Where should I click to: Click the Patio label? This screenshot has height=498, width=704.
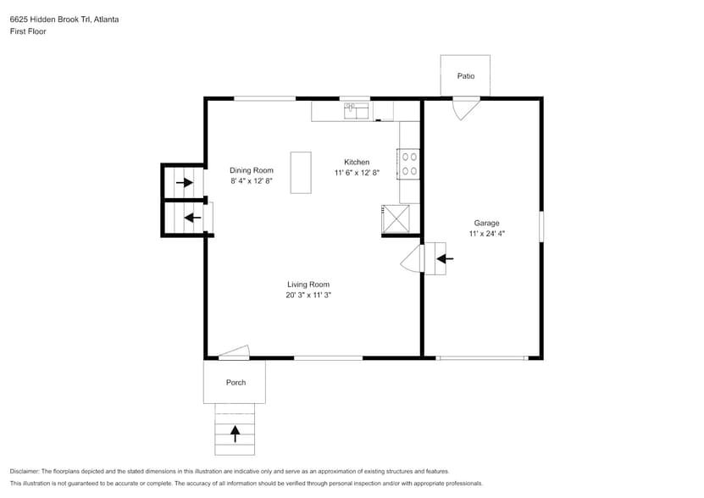tap(466, 76)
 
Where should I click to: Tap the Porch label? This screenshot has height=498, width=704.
tap(236, 383)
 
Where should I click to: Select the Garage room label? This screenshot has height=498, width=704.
tap(486, 224)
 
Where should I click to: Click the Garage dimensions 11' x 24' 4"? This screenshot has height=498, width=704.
tap(486, 234)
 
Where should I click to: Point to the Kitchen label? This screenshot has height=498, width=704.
tap(356, 162)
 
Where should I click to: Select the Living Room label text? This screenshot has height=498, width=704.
tap(308, 285)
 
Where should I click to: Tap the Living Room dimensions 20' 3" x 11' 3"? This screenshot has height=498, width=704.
tap(308, 295)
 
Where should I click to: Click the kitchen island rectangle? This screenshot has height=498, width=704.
tap(301, 173)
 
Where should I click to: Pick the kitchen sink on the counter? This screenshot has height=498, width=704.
tap(356, 110)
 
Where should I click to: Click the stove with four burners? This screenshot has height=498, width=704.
tap(409, 163)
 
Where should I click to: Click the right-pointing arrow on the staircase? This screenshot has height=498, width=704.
tap(184, 182)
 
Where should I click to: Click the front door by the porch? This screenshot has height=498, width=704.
tap(235, 352)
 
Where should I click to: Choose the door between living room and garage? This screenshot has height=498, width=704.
tap(413, 259)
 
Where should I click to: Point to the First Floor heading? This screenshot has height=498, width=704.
tap(28, 31)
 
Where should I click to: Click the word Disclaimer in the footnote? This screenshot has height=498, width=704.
tap(25, 471)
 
